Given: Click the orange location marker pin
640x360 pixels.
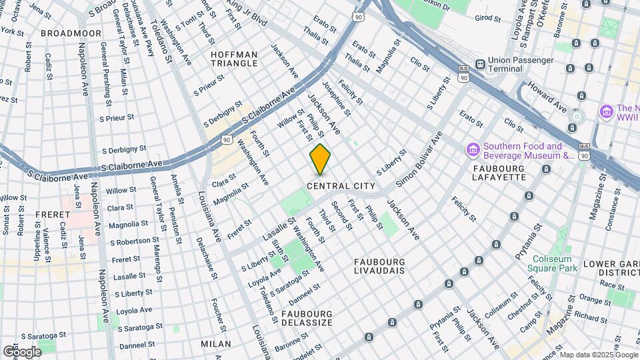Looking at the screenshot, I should click(320, 159).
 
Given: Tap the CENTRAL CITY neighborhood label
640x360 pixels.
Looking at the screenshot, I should click(341, 185).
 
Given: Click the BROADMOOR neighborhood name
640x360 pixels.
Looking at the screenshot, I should click(71, 33).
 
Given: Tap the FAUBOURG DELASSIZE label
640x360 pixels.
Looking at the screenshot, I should click(307, 318).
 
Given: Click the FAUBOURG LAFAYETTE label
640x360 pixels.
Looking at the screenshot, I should click(499, 173).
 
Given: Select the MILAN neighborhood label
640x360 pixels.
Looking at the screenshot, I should click(215, 344).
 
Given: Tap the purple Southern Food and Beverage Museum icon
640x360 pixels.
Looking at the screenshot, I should click(473, 147).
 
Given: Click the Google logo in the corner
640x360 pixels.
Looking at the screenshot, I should click(22, 351).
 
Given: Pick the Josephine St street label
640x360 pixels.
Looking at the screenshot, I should click(336, 97).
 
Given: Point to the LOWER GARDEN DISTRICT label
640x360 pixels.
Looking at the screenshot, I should click(611, 268).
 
